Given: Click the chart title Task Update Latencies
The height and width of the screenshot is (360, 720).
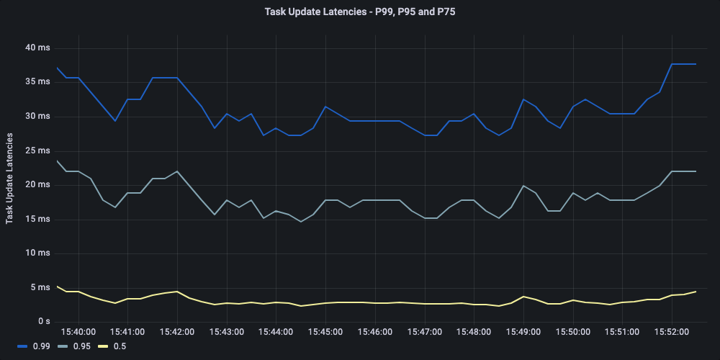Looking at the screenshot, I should click(x=360, y=12).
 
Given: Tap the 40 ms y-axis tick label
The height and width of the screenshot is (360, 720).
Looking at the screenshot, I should click(x=37, y=48).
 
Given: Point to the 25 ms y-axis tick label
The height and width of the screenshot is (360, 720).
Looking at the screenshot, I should click(x=37, y=150).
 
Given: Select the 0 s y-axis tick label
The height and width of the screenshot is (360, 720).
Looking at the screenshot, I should click(x=42, y=321).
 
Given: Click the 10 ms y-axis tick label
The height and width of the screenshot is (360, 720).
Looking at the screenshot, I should click(x=37, y=253).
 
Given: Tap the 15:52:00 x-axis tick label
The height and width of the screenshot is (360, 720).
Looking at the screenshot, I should click(x=672, y=332).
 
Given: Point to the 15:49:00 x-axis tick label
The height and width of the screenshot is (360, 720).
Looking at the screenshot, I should click(x=523, y=332).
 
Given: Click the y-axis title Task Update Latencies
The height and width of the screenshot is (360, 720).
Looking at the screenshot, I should click(x=10, y=177).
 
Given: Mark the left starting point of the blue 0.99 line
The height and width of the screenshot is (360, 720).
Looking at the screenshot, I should click(x=56, y=68).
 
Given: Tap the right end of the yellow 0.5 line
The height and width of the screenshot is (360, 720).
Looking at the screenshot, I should click(x=696, y=291).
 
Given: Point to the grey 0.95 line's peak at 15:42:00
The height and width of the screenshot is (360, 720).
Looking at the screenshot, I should click(x=177, y=171).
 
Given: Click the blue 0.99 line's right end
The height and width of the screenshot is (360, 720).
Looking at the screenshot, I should click(x=696, y=64).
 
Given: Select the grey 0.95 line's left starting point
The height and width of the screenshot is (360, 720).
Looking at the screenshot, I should click(x=56, y=161).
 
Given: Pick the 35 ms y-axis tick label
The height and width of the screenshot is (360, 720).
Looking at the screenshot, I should click(x=37, y=82).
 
